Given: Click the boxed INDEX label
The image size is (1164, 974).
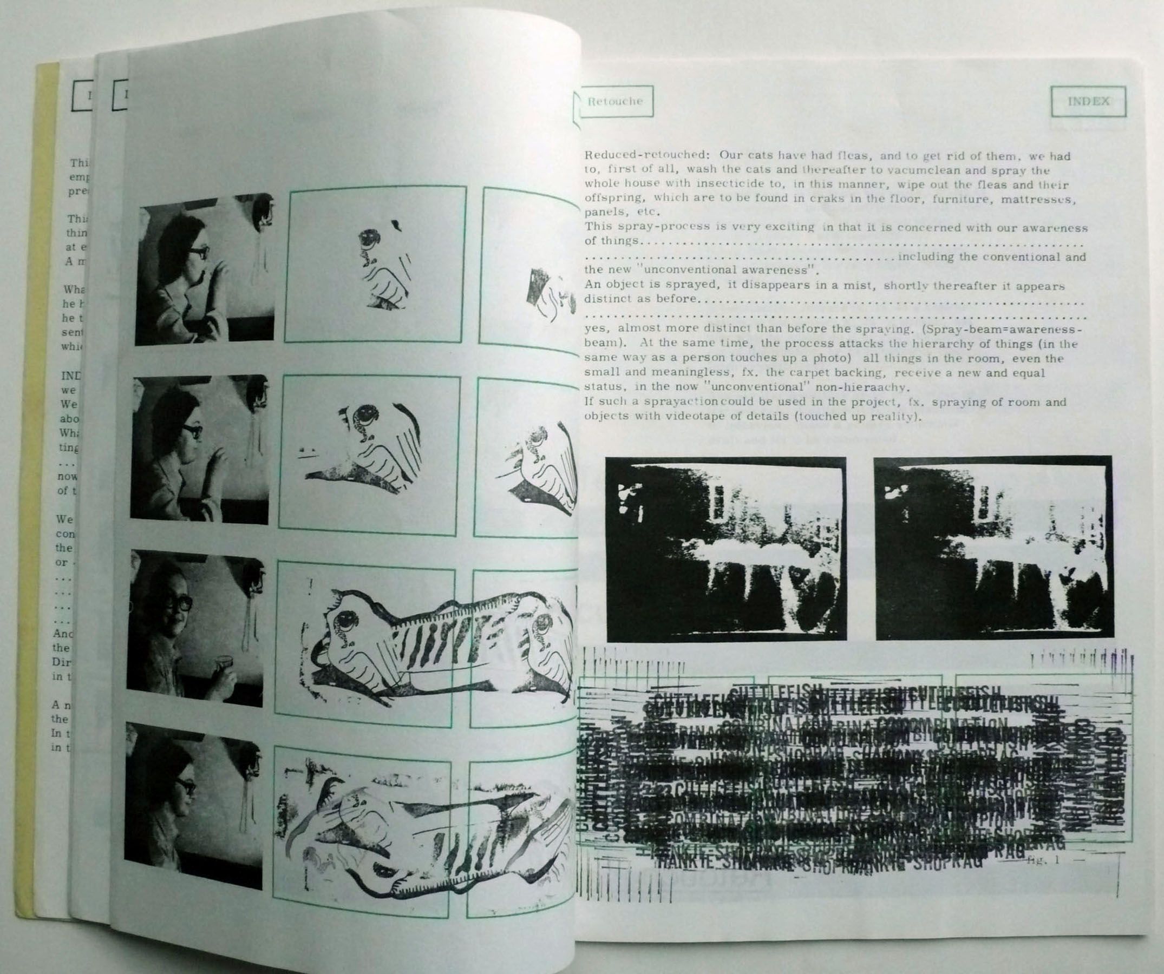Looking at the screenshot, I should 1088,101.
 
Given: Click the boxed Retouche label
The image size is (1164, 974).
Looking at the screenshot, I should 614,101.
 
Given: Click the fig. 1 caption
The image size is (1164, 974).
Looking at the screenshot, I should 1043,860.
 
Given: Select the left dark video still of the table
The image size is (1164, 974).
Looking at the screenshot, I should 725,548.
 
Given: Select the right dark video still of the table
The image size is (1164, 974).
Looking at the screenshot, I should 993,547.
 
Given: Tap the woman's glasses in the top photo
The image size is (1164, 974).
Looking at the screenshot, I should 199,253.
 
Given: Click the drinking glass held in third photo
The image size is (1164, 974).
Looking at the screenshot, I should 224,664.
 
